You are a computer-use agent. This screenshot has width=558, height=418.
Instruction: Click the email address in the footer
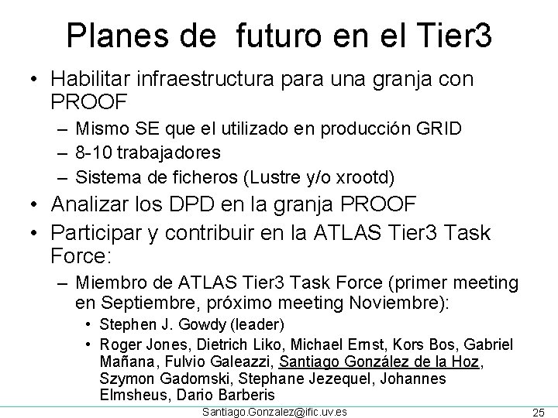[x=274, y=411]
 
